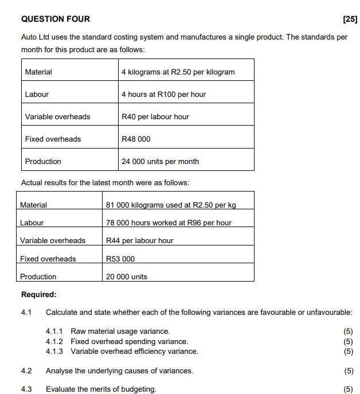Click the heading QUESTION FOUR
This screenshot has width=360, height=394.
pyautogui.click(x=55, y=19)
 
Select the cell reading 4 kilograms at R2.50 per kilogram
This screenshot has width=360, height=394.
pyautogui.click(x=178, y=72)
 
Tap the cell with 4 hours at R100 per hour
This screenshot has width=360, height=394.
pyautogui.click(x=163, y=94)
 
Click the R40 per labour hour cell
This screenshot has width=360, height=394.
pyautogui.click(x=155, y=116)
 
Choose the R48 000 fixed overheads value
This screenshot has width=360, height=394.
pyautogui.click(x=136, y=139)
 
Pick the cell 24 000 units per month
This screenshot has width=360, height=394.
pyautogui.click(x=160, y=161)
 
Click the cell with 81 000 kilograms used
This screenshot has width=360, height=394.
pyautogui.click(x=171, y=205)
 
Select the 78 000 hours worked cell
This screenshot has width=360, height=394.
pyautogui.click(x=169, y=223)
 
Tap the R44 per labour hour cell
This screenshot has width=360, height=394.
pyautogui.click(x=139, y=240)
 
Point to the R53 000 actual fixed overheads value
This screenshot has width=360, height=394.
pyautogui.click(x=120, y=259)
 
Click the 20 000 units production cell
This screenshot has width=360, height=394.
pyautogui.click(x=127, y=276)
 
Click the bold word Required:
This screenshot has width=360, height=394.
pyautogui.click(x=38, y=295)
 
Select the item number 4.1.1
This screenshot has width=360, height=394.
pyautogui.click(x=54, y=331)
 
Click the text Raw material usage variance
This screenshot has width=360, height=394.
pyautogui.click(x=120, y=331)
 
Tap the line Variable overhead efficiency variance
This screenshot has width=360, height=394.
pyautogui.click(x=134, y=351)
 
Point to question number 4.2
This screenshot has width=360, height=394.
pyautogui.click(x=26, y=370)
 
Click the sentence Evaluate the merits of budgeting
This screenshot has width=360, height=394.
pyautogui.click(x=101, y=389)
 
